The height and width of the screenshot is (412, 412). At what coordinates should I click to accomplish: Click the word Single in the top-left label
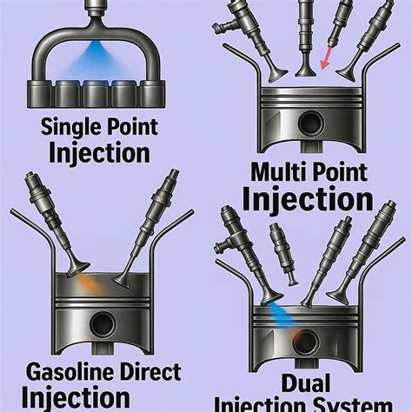69,128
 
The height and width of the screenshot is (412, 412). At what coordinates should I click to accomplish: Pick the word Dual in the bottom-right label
306,383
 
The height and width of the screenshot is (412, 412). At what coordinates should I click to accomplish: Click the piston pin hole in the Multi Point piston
311,124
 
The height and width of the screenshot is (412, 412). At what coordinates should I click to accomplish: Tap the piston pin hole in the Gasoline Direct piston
103,324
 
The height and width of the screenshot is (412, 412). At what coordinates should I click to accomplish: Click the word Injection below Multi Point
308,200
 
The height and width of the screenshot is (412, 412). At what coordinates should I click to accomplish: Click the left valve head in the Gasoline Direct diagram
78,269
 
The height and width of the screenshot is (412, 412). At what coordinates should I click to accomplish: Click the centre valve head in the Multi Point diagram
306,71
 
